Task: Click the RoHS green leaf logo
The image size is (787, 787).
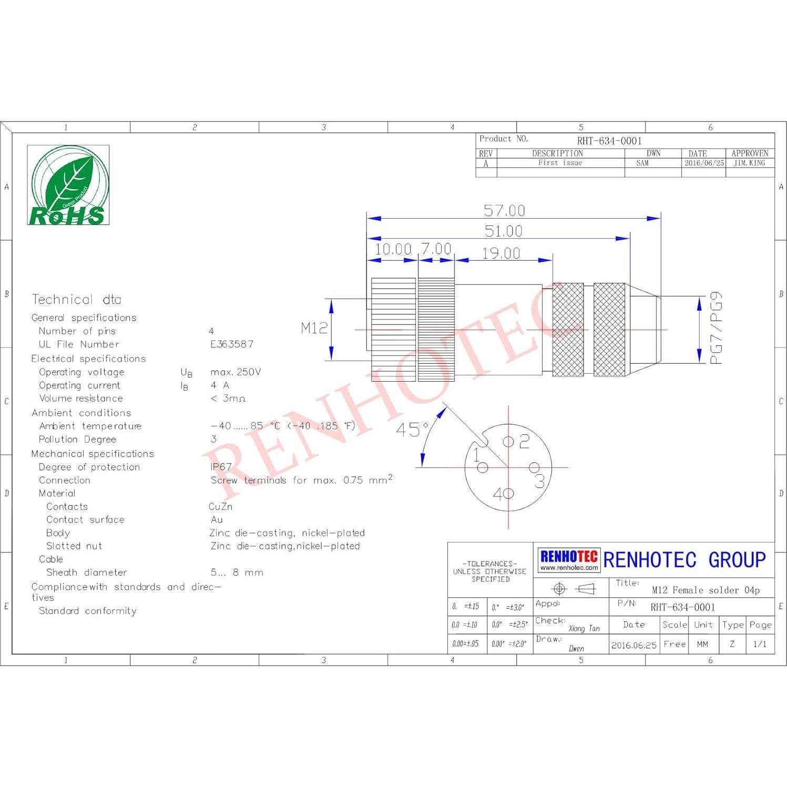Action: coord(68,185)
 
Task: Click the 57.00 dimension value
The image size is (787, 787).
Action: coord(504,211)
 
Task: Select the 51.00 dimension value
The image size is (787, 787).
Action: coord(503,231)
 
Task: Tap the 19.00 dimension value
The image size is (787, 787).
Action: coord(501,253)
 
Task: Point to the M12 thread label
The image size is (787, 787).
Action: coord(314,329)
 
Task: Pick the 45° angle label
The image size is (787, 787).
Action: coord(412,430)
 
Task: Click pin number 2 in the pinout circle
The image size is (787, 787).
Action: coord(524,442)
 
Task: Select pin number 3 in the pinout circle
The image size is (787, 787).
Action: coord(540,481)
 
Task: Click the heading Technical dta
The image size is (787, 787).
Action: coord(76,300)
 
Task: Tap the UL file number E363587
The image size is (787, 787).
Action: coord(232,344)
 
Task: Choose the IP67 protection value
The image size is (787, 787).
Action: coord(221,467)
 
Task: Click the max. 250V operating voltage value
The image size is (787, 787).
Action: coord(236,372)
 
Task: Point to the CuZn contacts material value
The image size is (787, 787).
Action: coord(220,507)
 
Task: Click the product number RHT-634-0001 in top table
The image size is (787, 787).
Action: coord(609,141)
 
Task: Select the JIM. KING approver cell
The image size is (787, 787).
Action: coord(749,163)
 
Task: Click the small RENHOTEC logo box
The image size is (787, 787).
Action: coord(569,560)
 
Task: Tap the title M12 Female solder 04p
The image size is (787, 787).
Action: coord(706,590)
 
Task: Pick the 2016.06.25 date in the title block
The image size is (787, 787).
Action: coord(633,645)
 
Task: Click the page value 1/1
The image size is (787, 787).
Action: coord(760,644)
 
